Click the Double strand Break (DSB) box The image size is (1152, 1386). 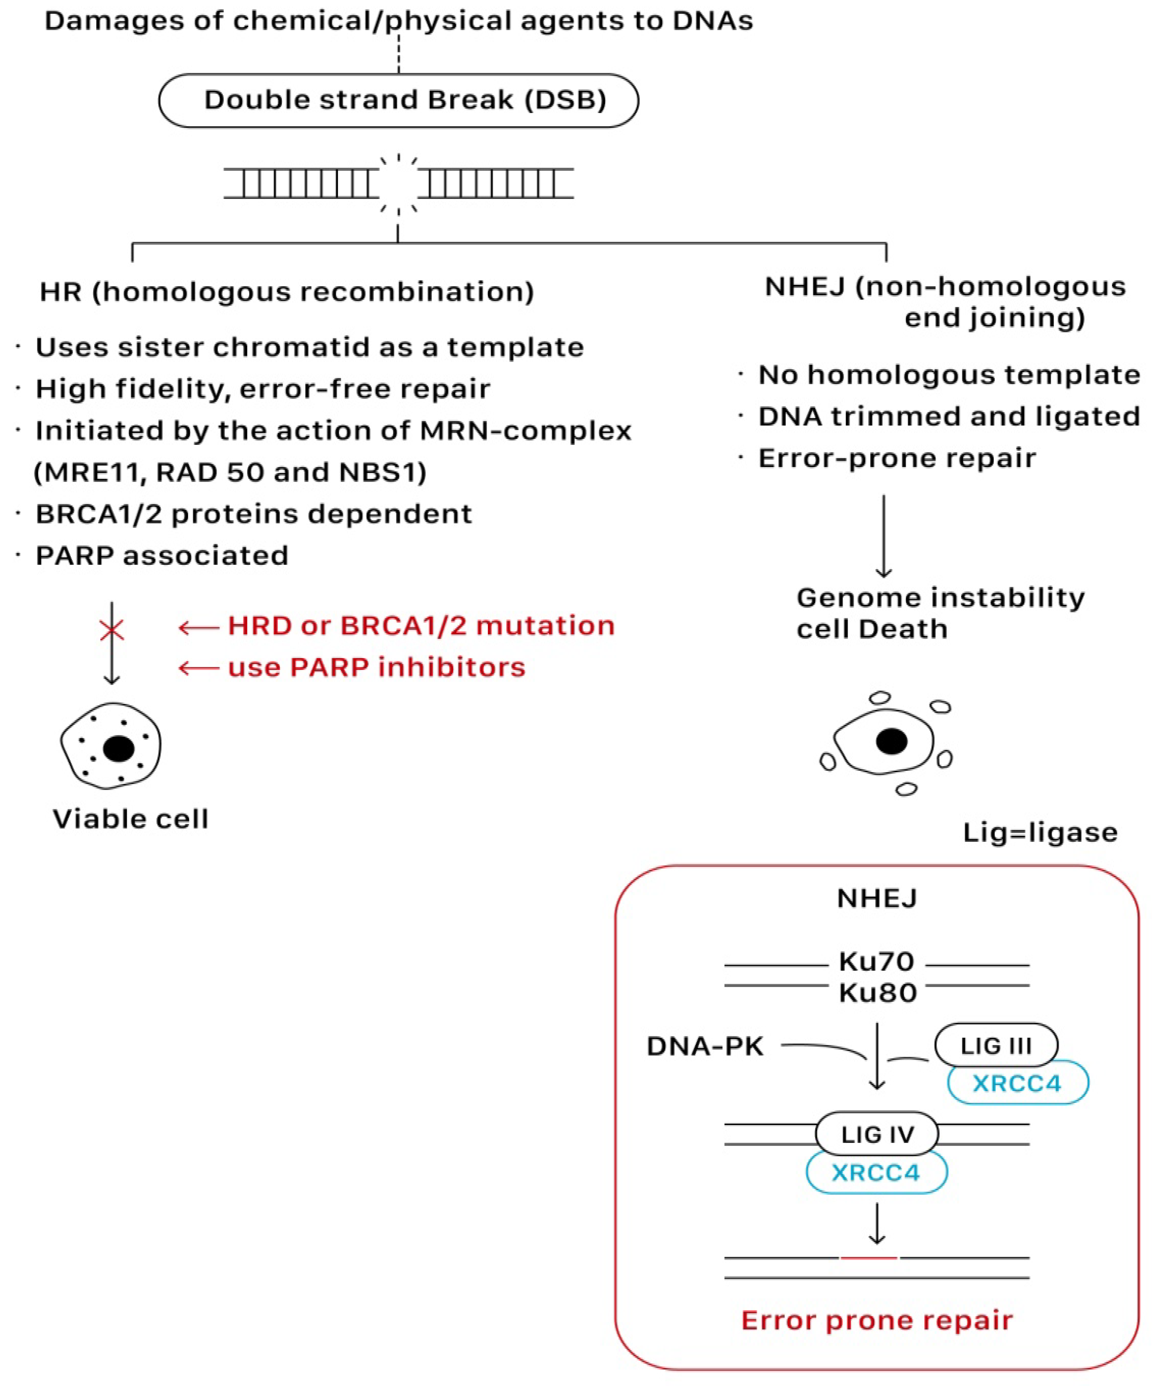coord(398,100)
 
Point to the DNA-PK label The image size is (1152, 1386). coord(705,1046)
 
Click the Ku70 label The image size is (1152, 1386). coord(876,962)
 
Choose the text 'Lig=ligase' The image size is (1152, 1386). coord(1040,832)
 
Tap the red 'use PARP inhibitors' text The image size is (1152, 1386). coord(376,667)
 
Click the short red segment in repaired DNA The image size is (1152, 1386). coord(868,1258)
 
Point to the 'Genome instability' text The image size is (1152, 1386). coord(940,597)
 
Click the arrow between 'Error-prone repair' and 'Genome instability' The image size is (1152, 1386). coord(884,536)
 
